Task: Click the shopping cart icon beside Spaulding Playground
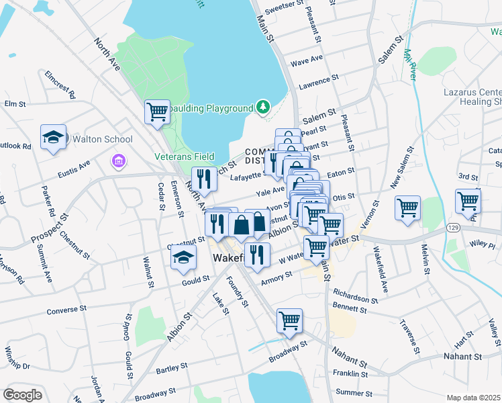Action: coord(157,111)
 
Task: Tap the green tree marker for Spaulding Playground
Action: coord(263,107)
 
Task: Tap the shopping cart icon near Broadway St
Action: coord(289,320)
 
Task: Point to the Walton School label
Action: coord(103,139)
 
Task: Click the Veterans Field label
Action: coord(191,156)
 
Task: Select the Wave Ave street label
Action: coord(307,61)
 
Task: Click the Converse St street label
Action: coord(68,311)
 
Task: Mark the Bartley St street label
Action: coord(170,369)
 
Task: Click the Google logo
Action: coord(22,395)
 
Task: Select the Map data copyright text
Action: coord(473,398)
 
